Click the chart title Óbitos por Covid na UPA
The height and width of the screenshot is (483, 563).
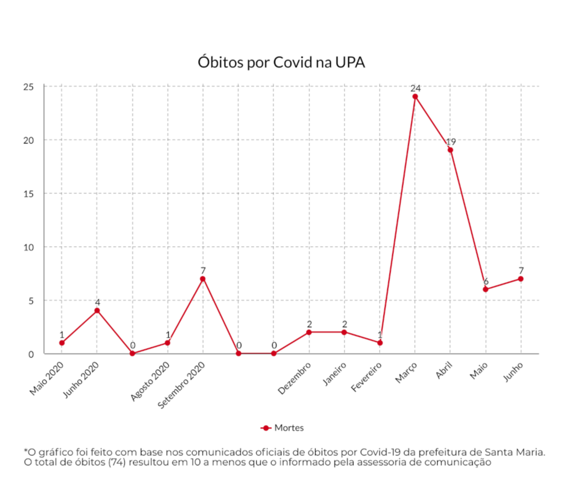point(281,62)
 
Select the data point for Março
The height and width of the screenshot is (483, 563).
point(415,97)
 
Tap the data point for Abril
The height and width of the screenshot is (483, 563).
point(450,150)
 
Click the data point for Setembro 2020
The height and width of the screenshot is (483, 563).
point(203,278)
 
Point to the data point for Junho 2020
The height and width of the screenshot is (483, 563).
point(97,310)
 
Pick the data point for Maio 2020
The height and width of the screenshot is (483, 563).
point(62,343)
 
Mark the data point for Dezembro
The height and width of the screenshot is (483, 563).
point(309,332)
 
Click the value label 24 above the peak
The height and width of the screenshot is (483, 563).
point(415,88)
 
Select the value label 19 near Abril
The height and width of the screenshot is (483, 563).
point(451,141)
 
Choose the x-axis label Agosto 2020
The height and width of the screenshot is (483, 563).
point(151,380)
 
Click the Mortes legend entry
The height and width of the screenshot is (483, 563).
point(282,427)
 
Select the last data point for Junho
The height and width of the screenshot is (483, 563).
point(521,278)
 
